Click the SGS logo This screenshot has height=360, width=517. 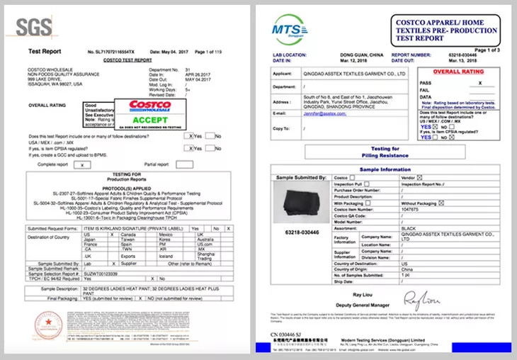tap(33, 27)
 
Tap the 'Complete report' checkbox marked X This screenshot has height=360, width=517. tap(81, 164)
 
